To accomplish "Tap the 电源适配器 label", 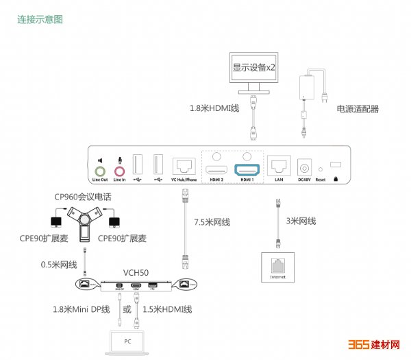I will (357, 109).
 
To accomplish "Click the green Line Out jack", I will (100, 169).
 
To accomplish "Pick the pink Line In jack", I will (120, 169).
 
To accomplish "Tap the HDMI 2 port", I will (217, 169).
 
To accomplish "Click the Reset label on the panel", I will (320, 180).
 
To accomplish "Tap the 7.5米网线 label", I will (212, 222).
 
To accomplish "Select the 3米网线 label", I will (301, 221).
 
